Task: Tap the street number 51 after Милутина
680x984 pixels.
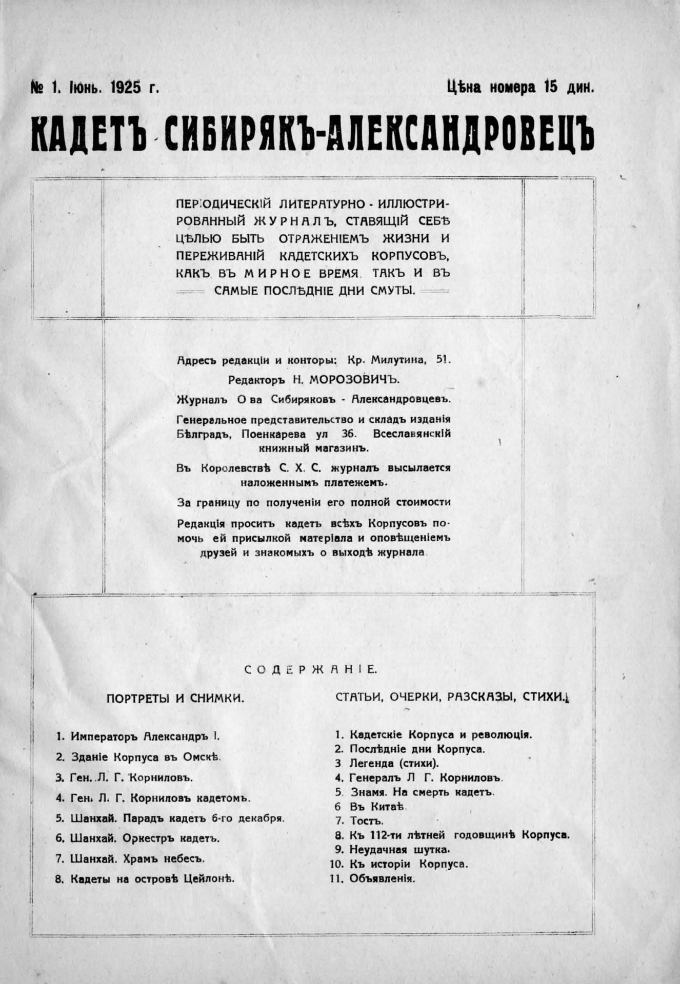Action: [443, 360]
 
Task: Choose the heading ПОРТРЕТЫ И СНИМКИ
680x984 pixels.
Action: [175, 698]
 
